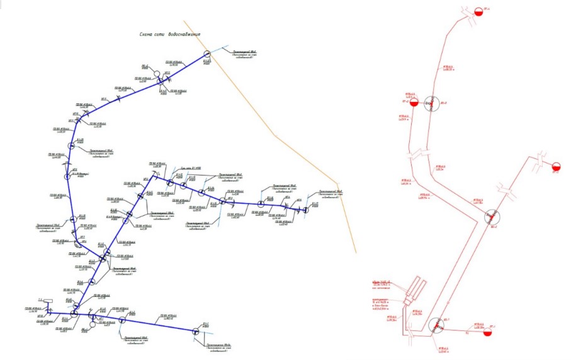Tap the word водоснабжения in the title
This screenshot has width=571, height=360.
click(x=181, y=34)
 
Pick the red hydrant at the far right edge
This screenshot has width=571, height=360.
click(x=556, y=167)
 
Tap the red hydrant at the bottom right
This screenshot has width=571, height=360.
click(x=477, y=329)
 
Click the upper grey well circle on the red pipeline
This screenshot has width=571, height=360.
click(x=431, y=103)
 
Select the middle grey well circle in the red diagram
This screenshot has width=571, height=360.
click(x=492, y=218)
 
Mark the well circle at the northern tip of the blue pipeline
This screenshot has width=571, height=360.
click(x=206, y=56)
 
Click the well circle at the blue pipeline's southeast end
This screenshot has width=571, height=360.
click(x=198, y=330)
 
